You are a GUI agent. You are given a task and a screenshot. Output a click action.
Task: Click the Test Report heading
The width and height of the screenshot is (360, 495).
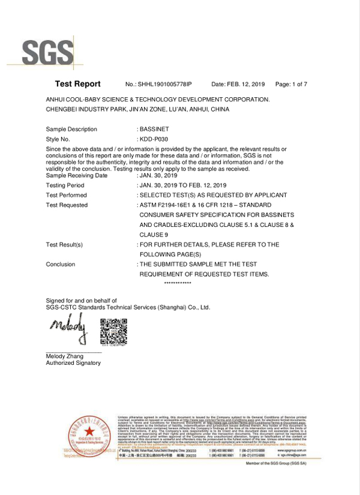tap(77, 84)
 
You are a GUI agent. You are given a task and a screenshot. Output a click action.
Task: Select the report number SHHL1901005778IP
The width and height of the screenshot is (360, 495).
tap(166, 85)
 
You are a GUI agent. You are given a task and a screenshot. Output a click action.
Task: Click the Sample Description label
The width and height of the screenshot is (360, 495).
tap(71, 129)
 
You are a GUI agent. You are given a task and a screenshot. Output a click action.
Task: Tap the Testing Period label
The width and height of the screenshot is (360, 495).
tap(65, 185)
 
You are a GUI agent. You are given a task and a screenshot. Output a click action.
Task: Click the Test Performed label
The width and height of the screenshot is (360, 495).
tap(67, 195)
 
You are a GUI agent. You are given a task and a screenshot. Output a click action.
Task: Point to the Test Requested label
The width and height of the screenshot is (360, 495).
tap(67, 205)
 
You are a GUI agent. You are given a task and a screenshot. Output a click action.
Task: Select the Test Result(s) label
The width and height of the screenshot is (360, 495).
tap(64, 244)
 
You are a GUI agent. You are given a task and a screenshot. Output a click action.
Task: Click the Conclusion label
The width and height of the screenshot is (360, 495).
tap(61, 264)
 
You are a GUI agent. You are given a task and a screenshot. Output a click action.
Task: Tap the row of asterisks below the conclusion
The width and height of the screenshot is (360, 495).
tap(177, 283)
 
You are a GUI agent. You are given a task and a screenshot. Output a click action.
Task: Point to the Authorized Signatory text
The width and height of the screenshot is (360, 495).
tap(73, 363)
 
